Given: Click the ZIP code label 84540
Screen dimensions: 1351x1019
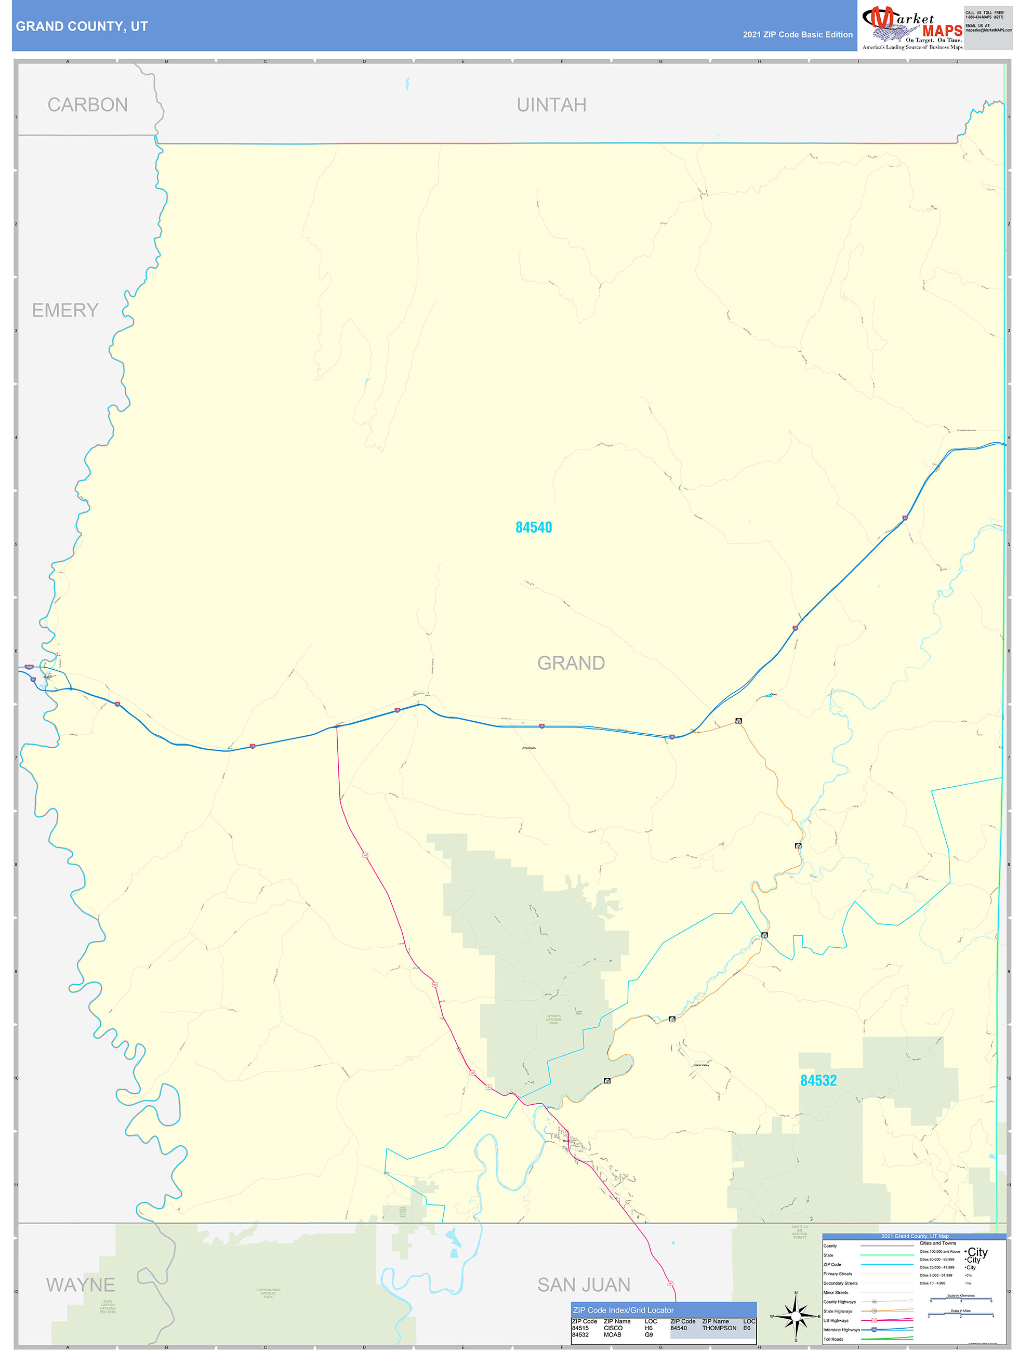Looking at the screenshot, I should tap(533, 527).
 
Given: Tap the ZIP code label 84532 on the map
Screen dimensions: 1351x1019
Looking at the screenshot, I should tap(818, 1080).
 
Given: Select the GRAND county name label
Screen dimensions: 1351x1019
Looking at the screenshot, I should tap(571, 663).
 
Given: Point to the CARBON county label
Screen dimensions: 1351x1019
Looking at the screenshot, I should tap(87, 104).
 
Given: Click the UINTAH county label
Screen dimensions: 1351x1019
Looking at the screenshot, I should tap(551, 104).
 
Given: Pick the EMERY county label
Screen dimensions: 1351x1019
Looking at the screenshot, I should tap(65, 310).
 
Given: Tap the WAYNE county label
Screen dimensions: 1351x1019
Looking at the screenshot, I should tap(80, 1285).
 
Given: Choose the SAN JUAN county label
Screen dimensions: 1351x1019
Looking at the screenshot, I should tap(584, 1285).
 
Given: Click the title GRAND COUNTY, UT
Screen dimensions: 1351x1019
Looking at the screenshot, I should tap(82, 27).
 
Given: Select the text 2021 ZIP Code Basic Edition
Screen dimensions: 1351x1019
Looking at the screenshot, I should tap(797, 35).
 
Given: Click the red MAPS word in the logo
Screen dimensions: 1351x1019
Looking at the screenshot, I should tap(942, 31).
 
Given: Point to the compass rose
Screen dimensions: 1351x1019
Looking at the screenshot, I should tap(796, 1316).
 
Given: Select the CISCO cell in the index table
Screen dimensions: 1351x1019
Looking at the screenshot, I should tap(613, 1328).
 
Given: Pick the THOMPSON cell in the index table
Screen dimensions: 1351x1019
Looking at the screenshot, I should tap(719, 1328).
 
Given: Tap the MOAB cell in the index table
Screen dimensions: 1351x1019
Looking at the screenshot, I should tap(612, 1334).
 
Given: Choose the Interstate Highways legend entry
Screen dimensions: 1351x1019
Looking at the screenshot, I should tap(841, 1330).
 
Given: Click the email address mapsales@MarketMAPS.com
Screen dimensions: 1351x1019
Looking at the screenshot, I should tap(988, 30).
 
